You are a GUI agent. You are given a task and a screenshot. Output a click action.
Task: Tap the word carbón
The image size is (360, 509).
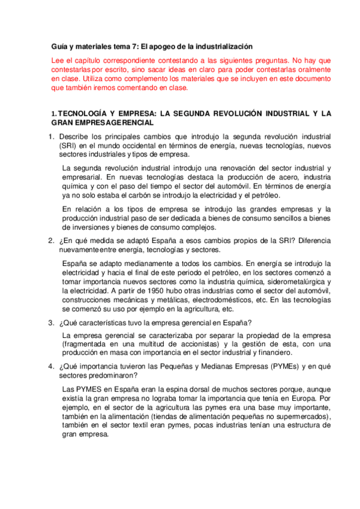[158, 195]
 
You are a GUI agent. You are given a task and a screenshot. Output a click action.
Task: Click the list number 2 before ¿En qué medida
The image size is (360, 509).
[52, 241]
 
